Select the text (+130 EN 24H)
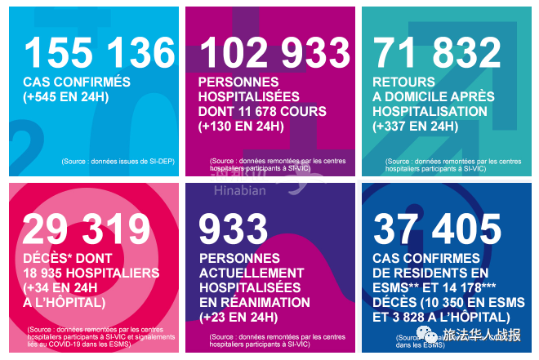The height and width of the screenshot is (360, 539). coord(241,127)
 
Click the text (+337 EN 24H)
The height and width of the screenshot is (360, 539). coord(415,127)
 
